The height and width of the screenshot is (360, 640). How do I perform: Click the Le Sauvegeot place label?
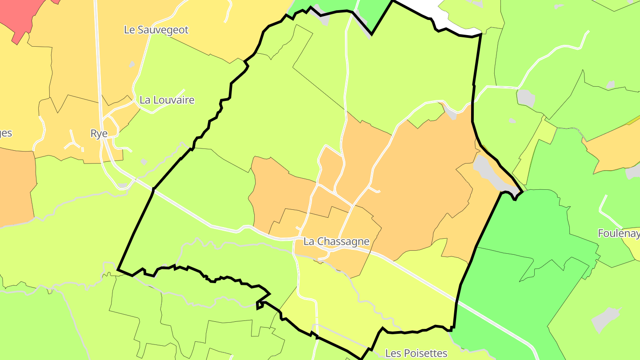point(156,30)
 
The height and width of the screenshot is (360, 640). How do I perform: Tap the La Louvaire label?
point(167,100)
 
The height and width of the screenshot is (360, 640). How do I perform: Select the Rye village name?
point(99,133)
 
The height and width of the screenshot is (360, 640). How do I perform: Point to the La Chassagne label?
point(336,241)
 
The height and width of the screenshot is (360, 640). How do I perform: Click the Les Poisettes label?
point(416,353)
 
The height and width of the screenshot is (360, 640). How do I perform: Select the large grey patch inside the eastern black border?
point(489,171)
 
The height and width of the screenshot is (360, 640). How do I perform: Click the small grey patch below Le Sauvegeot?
point(132,64)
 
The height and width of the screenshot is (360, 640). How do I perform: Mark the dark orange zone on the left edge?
point(16,187)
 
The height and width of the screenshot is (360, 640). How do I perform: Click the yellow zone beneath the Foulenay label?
point(631,247)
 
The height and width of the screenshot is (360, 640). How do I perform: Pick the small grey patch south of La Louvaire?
point(144,162)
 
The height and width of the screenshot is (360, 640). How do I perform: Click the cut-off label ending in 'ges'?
point(6,133)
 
